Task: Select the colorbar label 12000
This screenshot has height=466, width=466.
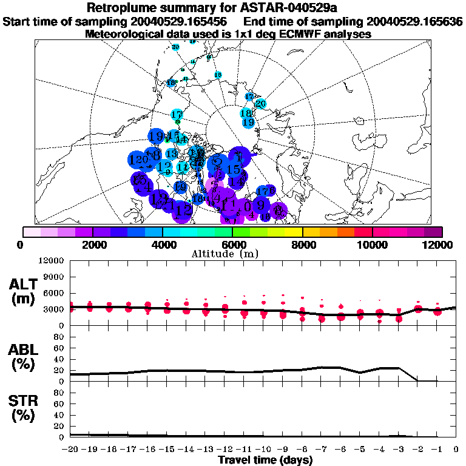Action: point(440,245)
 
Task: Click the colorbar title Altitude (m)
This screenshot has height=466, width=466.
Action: point(232,254)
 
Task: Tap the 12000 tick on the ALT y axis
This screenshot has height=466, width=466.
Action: point(52,261)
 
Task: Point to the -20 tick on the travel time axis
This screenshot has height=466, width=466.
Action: point(71,449)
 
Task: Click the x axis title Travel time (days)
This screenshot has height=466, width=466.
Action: point(265,460)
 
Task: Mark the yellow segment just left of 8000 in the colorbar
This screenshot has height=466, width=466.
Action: point(294,232)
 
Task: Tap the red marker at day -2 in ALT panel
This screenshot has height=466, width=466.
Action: point(418,309)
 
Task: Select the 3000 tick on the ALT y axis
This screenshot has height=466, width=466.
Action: point(55,309)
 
